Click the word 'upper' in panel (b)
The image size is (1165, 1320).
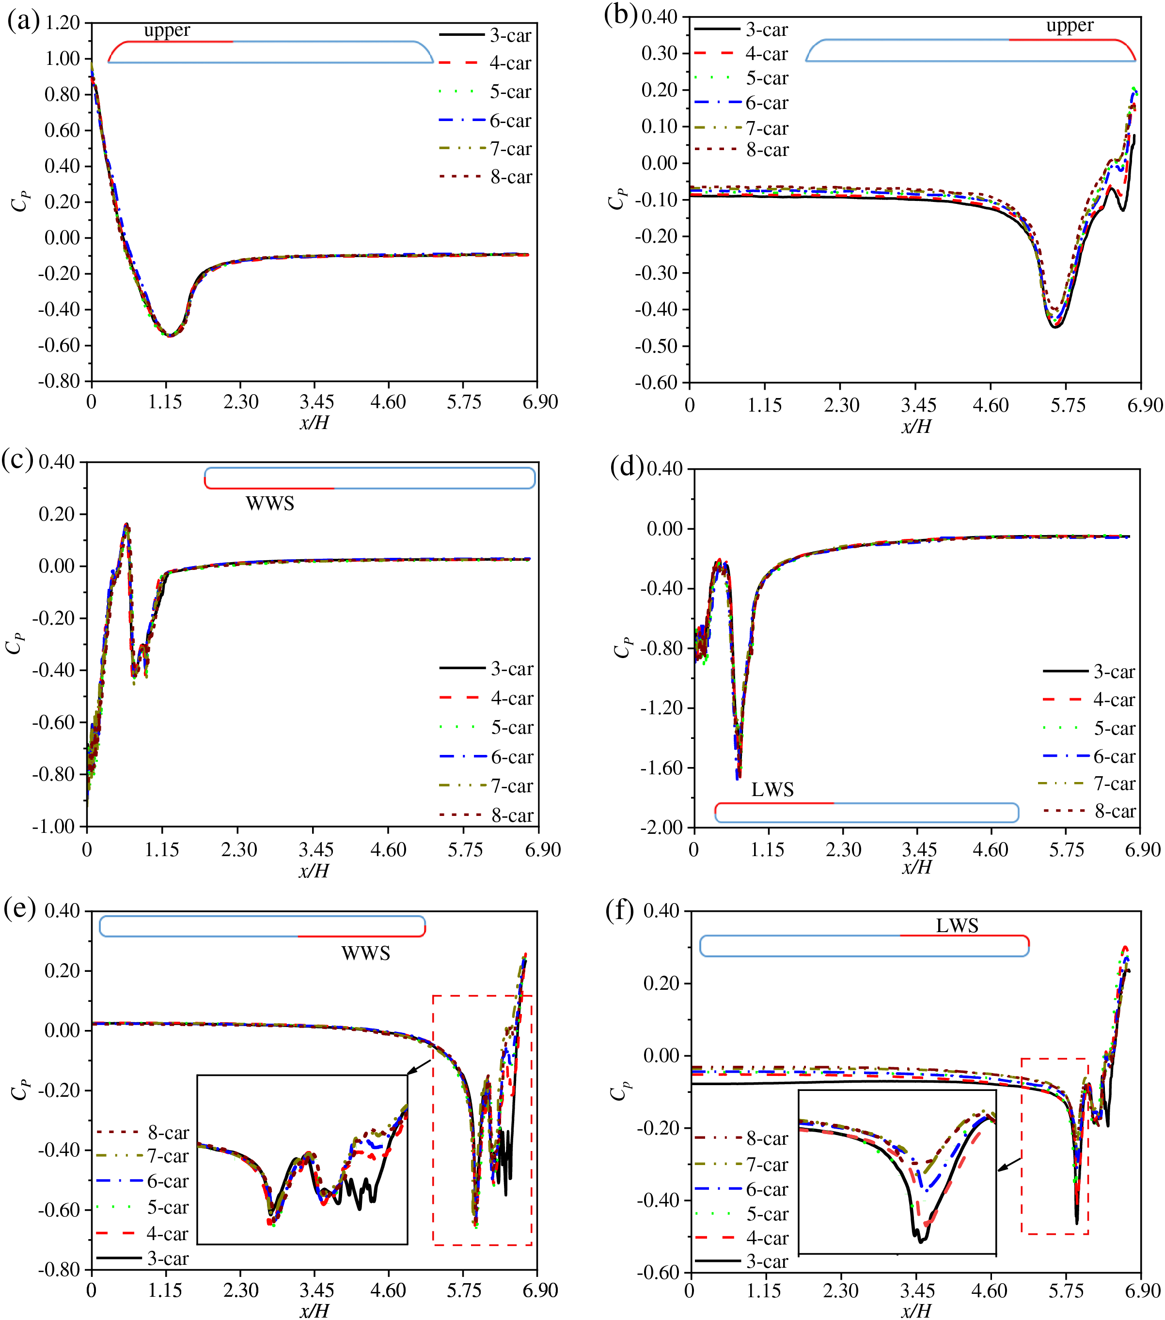tap(1070, 25)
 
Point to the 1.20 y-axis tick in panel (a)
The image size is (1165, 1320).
tap(62, 23)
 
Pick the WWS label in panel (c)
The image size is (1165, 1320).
tap(269, 503)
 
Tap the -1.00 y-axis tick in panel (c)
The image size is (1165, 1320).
tap(56, 827)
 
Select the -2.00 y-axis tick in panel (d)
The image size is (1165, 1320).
tap(661, 827)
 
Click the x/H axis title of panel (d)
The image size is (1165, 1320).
tap(916, 867)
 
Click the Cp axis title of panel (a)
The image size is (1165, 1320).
tap(20, 200)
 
